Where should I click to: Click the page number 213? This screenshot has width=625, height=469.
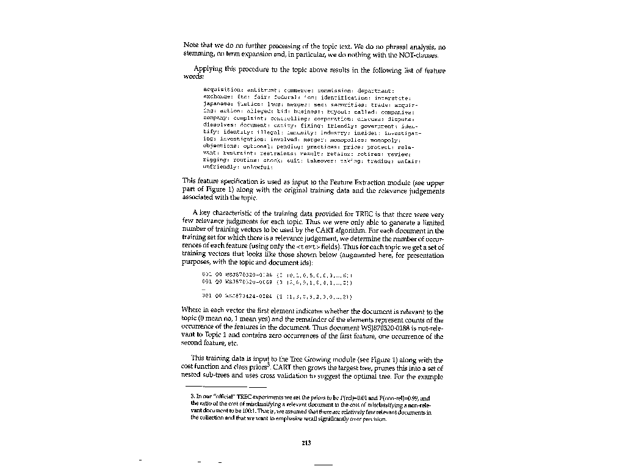(x=307, y=443)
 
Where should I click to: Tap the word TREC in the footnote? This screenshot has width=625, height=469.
(x=244, y=398)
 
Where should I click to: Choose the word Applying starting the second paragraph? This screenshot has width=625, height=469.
(x=208, y=70)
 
